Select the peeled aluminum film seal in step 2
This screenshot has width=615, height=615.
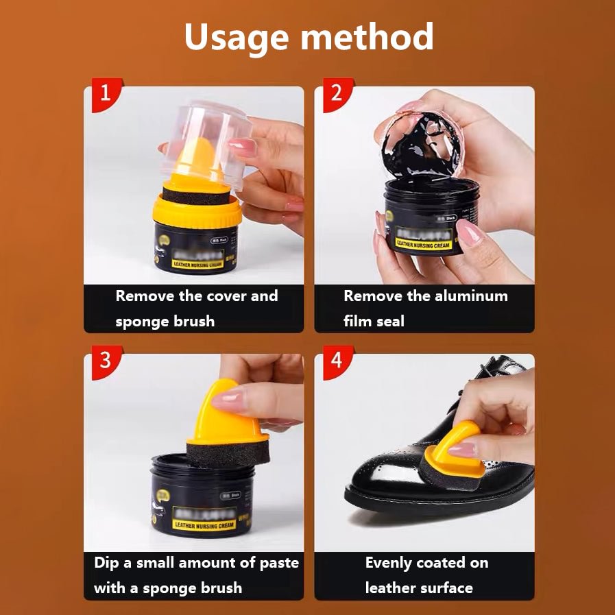[x=418, y=137]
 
